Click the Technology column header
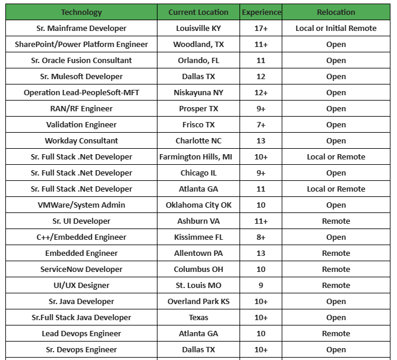pos(81,12)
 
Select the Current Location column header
pos(198,12)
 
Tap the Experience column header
pos(261,12)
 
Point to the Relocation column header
pos(336,12)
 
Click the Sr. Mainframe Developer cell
pos(81,28)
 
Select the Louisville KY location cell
pos(198,28)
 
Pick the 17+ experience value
pos(261,28)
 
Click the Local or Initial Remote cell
pos(336,28)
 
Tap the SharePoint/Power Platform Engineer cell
pos(81,44)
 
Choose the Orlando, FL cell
pos(198,60)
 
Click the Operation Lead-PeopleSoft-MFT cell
pos(81,92)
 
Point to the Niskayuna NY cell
pos(198,92)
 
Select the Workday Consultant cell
pos(81,140)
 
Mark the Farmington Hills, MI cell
pos(198,156)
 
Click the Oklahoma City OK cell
pos(198,205)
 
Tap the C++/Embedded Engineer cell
pos(81,237)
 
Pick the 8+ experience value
pos(261,237)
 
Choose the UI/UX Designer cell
pos(81,285)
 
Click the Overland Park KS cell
pos(198,301)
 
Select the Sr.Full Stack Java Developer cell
pos(81,317)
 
